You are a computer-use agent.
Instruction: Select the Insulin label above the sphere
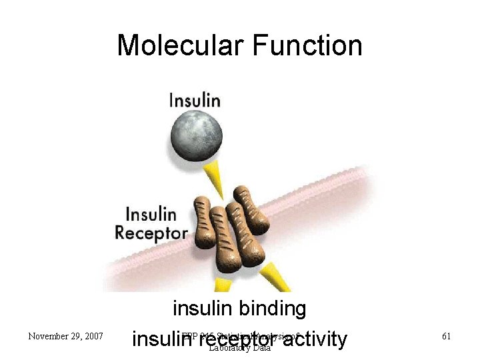click(195, 100)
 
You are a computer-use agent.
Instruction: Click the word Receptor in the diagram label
click(151, 233)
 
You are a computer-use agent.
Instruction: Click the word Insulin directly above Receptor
click(151, 215)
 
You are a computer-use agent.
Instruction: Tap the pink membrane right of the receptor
click(320, 200)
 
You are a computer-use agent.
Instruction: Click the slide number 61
click(446, 336)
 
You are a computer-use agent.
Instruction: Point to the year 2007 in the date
click(91, 336)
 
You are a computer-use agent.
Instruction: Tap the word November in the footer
click(47, 336)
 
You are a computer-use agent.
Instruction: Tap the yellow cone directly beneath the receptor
click(223, 285)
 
